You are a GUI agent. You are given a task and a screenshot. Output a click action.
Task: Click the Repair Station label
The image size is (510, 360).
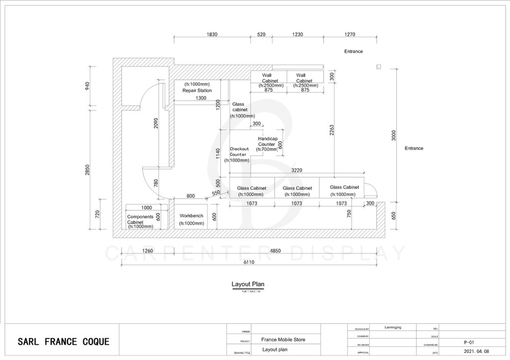(x=197, y=91)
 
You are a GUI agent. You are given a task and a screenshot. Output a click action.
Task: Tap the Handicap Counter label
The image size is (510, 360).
(x=267, y=141)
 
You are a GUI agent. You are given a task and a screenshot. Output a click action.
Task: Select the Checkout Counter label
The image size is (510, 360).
(x=239, y=152)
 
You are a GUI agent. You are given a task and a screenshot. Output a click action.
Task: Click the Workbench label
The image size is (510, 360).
(x=192, y=216)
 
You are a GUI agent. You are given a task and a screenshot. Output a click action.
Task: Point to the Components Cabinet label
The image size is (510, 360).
(x=140, y=219)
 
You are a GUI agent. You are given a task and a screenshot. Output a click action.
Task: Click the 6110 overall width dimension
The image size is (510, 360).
(x=249, y=262)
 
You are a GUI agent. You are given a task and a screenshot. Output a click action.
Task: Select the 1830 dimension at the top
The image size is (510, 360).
(x=212, y=35)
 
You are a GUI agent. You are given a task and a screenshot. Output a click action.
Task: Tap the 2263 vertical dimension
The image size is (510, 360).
(x=331, y=131)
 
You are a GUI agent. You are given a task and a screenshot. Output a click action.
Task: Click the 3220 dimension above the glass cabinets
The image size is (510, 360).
(x=297, y=170)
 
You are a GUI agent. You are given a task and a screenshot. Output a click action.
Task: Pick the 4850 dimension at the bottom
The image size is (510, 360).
(x=276, y=251)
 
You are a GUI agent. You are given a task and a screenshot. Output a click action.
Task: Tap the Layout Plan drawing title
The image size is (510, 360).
(x=248, y=284)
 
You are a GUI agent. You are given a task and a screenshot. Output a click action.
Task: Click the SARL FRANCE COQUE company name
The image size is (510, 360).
(x=64, y=341)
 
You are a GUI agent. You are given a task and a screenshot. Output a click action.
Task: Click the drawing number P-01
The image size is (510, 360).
(x=466, y=343)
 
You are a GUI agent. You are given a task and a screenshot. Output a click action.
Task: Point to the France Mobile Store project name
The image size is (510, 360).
(x=283, y=340)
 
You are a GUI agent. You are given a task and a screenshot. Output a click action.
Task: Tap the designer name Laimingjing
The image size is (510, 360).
(x=393, y=328)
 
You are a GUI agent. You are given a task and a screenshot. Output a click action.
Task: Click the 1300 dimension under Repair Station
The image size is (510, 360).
(x=201, y=98)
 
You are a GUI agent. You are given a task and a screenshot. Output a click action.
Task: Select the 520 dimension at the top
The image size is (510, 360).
(x=261, y=35)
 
